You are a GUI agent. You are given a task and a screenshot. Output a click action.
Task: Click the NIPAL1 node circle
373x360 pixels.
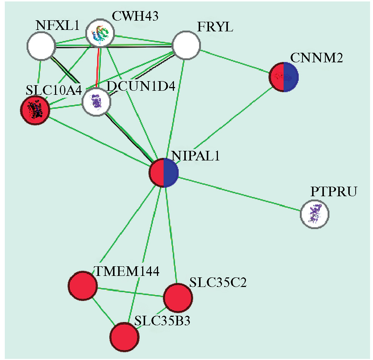(x=164, y=173)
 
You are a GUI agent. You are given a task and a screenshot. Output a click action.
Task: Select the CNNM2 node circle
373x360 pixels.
(x=284, y=77)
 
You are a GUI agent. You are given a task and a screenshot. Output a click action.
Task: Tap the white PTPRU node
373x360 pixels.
(x=314, y=214)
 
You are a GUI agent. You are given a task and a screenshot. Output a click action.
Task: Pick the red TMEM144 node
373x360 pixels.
(x=83, y=285)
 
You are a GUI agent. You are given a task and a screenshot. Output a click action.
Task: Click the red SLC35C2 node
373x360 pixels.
(x=178, y=298)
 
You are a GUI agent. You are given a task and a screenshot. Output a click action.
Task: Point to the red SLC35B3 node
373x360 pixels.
(x=125, y=337)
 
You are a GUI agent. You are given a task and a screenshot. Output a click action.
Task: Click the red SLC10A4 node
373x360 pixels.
(x=35, y=110)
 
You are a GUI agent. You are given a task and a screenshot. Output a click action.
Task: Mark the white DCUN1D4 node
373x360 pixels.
(x=96, y=102)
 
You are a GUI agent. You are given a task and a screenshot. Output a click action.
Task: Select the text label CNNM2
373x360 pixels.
(x=316, y=58)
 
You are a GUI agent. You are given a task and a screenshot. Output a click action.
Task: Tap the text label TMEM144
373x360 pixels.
(x=127, y=272)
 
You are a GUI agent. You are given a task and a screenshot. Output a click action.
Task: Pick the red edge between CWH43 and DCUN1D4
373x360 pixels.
(x=98, y=68)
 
